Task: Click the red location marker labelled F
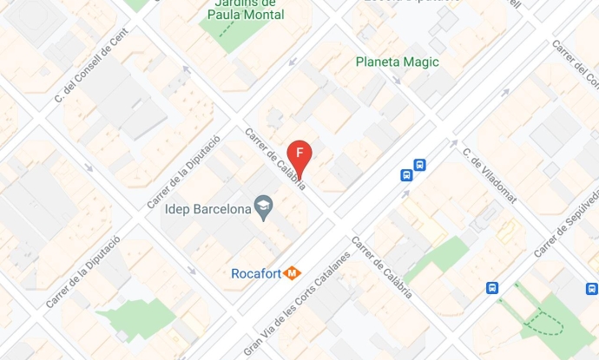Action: [300, 154]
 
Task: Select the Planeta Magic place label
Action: [398, 62]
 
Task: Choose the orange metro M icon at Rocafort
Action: [293, 274]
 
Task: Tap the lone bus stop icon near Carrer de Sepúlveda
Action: [492, 289]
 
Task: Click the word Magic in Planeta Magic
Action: [420, 62]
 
